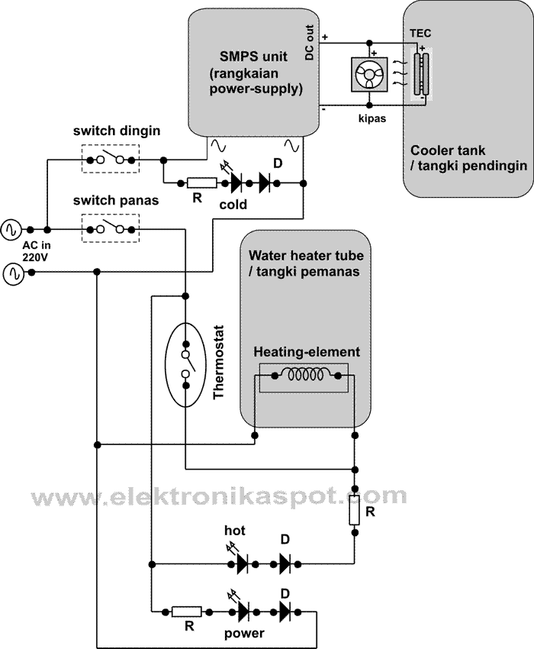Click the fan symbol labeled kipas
[369, 74]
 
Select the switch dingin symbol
[111, 160]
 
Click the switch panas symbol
[111, 228]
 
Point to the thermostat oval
[185, 365]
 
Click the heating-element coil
[304, 376]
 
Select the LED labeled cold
[231, 182]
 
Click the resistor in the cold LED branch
[202, 182]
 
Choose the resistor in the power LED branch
[186, 611]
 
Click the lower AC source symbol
[13, 272]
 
